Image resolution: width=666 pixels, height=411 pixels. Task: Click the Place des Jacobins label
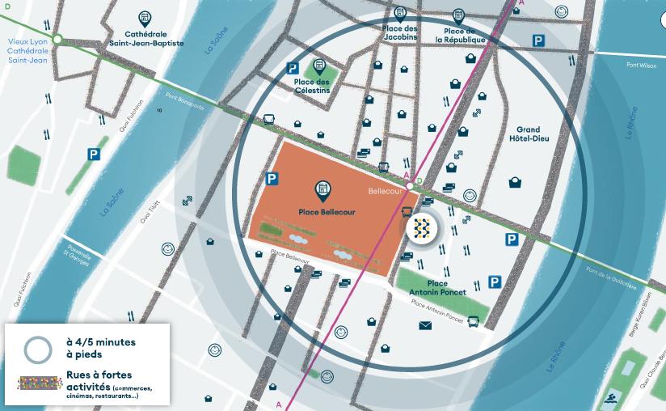[x=398, y=35]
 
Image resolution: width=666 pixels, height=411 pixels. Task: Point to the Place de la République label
[x=460, y=35]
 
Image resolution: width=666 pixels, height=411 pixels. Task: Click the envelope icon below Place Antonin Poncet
[x=425, y=325]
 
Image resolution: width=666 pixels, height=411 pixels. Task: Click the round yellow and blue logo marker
[x=421, y=229]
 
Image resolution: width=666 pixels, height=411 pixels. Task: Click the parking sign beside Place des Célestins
[x=293, y=70]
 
